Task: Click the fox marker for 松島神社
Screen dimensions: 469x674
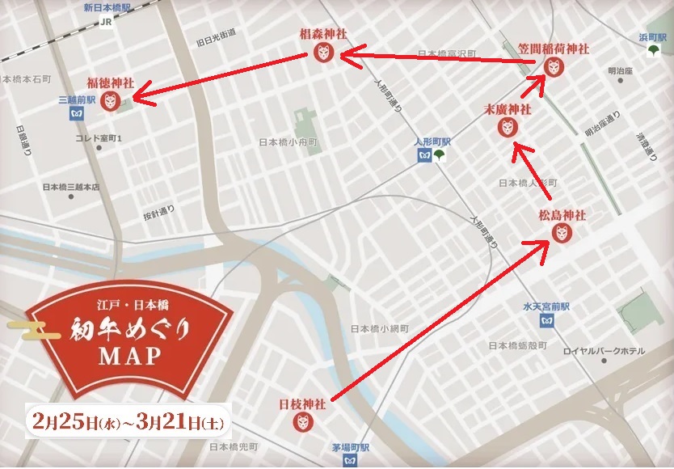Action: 562,233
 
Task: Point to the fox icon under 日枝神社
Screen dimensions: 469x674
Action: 302,421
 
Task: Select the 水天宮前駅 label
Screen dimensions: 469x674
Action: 546,308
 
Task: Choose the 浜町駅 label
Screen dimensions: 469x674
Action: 650,37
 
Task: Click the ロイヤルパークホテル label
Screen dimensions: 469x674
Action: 604,350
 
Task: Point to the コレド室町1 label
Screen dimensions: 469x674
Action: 98,138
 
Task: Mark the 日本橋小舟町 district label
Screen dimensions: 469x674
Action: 288,142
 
